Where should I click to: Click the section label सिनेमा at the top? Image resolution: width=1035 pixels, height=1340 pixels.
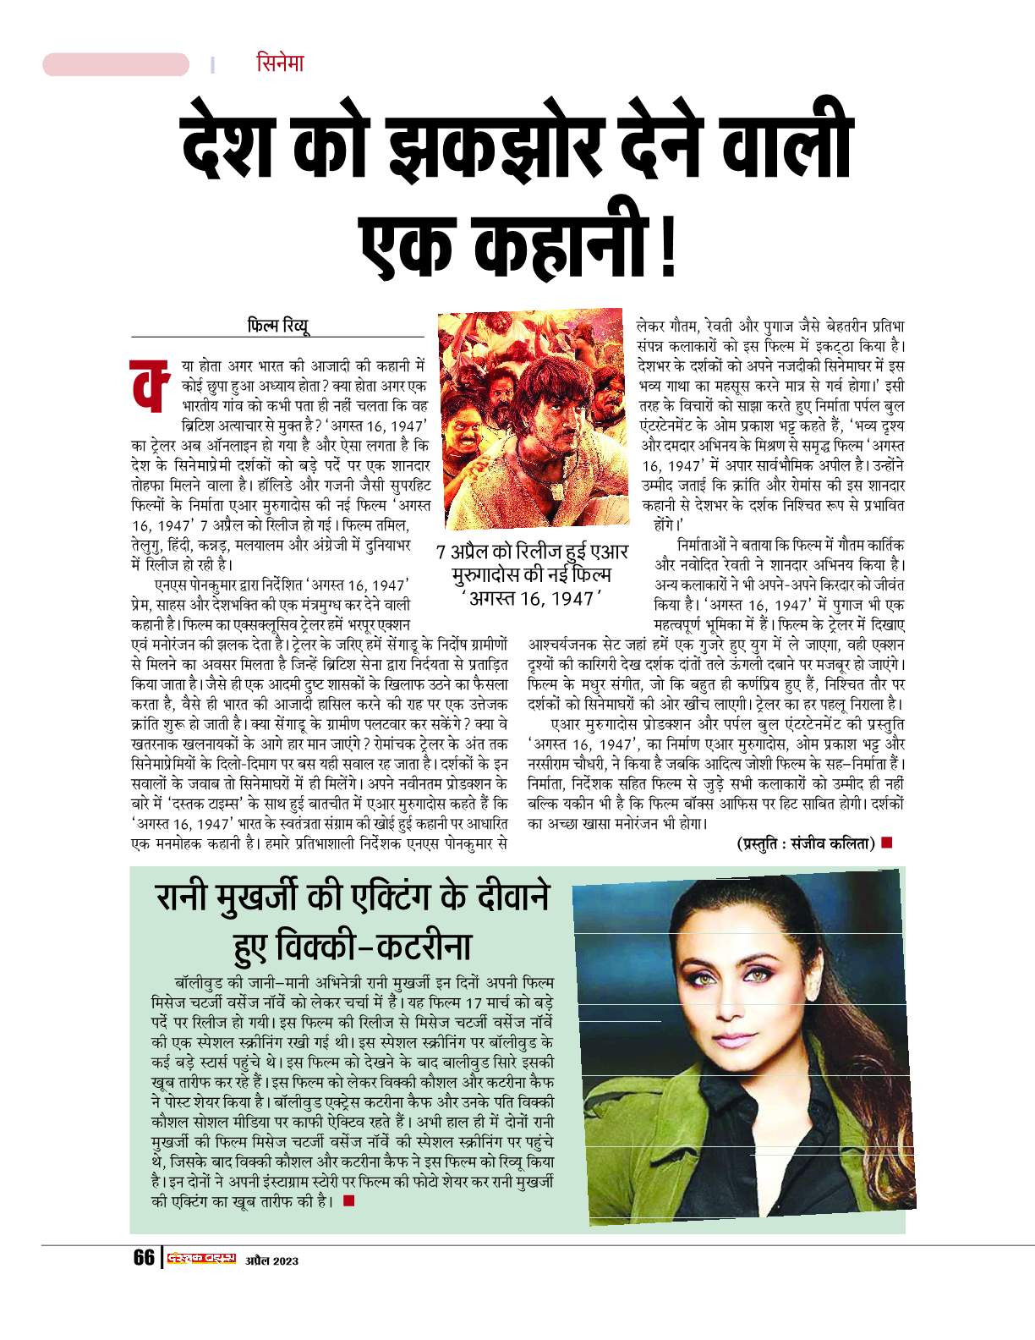[279, 63]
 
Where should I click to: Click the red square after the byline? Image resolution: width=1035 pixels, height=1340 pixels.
[886, 843]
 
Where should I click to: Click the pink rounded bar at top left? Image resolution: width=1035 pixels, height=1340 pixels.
[116, 64]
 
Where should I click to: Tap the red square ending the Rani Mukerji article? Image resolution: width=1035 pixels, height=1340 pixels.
[349, 1200]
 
